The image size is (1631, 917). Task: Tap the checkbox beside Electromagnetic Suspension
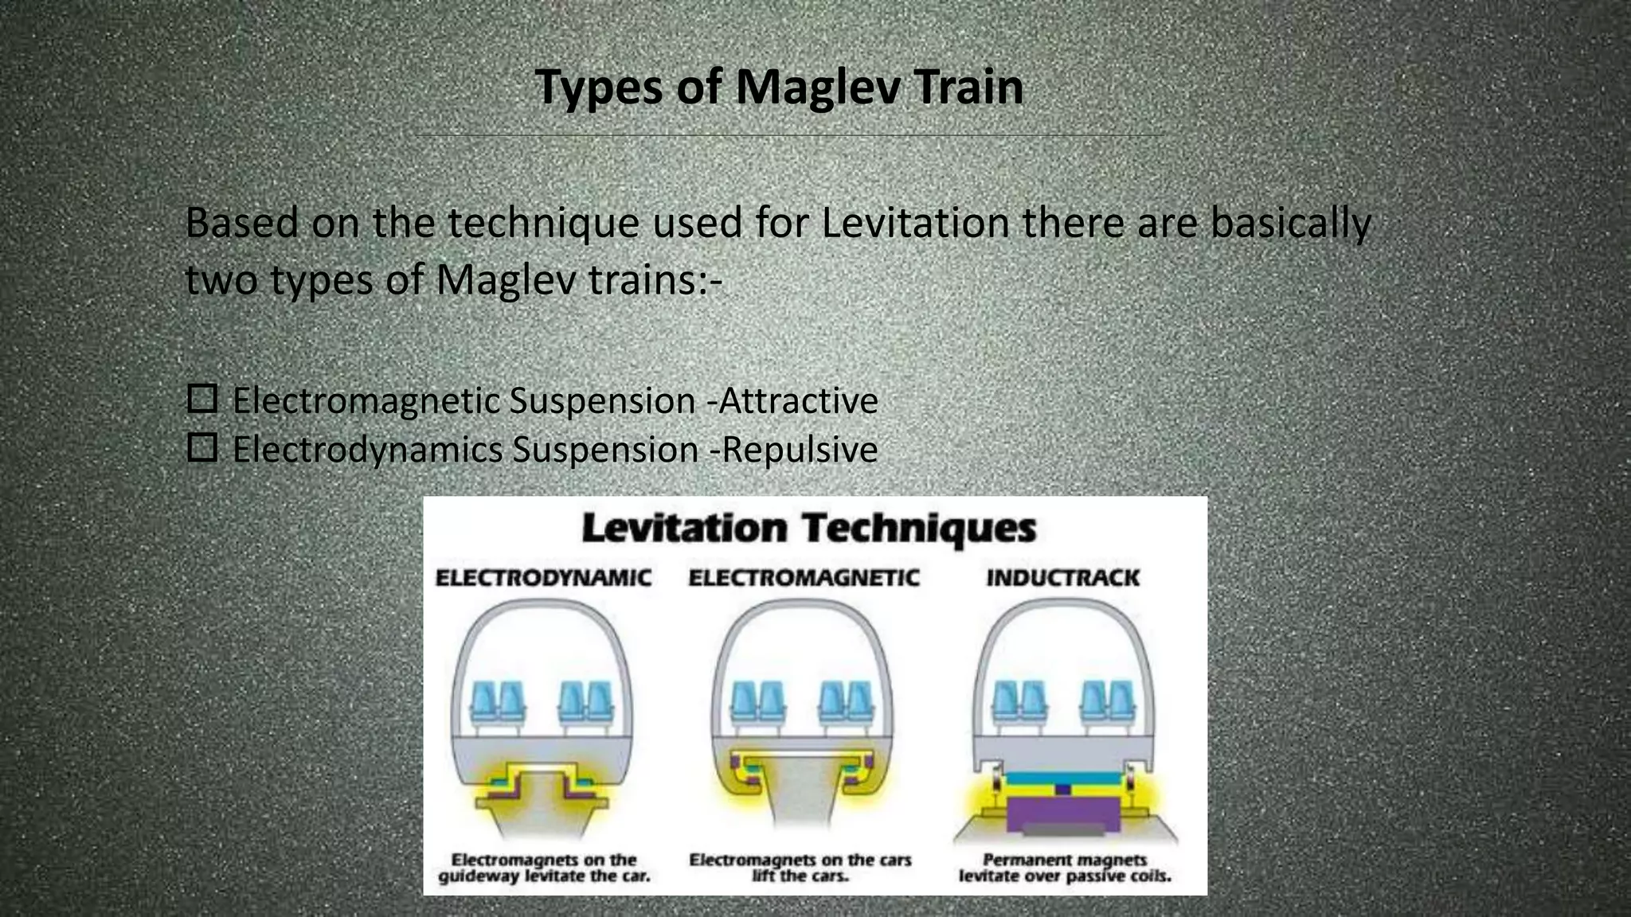[202, 399]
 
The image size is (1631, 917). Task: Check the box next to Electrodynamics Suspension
[202, 448]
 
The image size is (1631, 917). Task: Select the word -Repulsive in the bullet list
[793, 450]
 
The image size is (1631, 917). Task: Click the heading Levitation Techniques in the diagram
[809, 529]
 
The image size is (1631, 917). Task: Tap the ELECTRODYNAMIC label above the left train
[543, 578]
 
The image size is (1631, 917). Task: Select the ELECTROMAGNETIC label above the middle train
[804, 578]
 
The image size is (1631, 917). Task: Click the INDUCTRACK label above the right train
[1063, 578]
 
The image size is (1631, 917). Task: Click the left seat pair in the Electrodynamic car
[498, 702]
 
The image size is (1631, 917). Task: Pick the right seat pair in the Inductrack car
[1108, 702]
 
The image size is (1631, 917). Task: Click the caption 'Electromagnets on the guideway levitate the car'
[544, 868]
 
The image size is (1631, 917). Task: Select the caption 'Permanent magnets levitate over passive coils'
[1065, 868]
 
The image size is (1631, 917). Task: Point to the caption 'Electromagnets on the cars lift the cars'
[800, 868]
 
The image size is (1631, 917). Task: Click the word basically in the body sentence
[1290, 223]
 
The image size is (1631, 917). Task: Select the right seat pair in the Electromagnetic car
[847, 702]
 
